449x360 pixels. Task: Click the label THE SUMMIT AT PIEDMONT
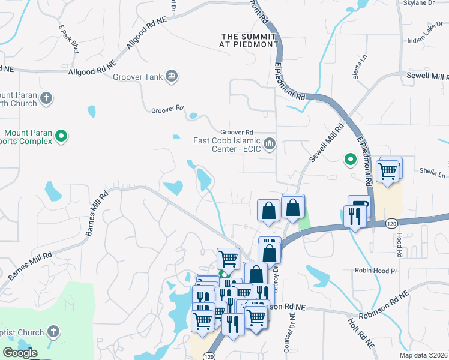(249, 40)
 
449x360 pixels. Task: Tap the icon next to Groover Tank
(172, 76)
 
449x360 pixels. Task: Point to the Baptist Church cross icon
(53, 332)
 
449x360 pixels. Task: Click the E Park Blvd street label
(69, 39)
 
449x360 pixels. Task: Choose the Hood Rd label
(399, 242)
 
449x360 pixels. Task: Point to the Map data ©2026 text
(424, 355)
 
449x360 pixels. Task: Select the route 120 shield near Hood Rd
(391, 223)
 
